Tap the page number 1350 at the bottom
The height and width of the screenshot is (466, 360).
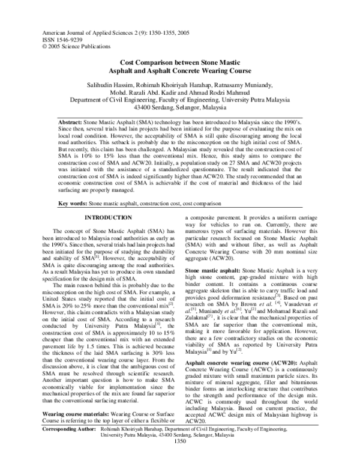click(x=179, y=459)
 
